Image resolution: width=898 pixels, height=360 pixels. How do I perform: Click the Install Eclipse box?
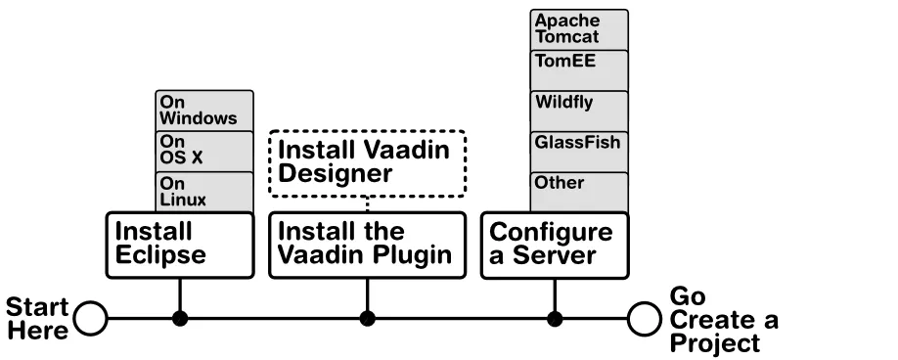coord(179,245)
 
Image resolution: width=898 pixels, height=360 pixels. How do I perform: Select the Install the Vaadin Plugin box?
coord(367,245)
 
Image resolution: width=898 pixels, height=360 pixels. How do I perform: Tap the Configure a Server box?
coord(555,245)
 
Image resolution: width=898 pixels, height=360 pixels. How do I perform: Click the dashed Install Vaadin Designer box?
coord(367,162)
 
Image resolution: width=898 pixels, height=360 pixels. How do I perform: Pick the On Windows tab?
coord(204,111)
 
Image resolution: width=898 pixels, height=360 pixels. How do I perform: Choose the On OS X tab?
coord(204,152)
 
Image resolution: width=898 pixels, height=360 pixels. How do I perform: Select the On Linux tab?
coord(204,192)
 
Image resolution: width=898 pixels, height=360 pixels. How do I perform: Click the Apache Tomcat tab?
coord(579,29)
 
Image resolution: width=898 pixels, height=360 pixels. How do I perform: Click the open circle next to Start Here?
coord(90,318)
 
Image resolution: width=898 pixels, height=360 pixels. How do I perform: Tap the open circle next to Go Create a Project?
coord(645,318)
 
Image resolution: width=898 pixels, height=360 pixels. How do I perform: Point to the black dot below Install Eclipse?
coord(179,318)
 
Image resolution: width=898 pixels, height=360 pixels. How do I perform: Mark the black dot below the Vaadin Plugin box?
coord(367,318)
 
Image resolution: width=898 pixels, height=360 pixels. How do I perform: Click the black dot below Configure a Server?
coord(555,318)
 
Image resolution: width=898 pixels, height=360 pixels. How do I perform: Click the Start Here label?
coord(37,318)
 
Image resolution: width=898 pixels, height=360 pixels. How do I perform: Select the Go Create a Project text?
coord(724,320)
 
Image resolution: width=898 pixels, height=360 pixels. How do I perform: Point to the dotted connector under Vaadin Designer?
coord(367,202)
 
